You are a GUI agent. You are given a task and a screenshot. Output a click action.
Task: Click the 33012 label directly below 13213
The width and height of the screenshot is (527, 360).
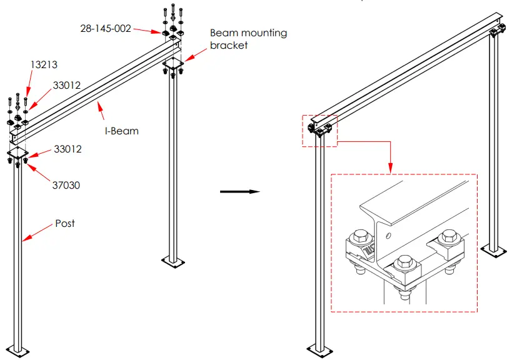[x=67, y=86]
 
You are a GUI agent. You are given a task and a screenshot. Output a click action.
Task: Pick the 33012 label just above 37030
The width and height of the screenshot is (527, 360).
[x=67, y=149]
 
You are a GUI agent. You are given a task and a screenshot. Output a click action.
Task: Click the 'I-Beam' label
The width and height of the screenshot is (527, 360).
[x=122, y=131]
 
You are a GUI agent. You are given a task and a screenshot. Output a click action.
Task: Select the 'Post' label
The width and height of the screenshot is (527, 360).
[x=65, y=223]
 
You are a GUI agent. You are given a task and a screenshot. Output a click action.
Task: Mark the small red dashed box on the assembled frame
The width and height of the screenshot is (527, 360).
[x=319, y=131]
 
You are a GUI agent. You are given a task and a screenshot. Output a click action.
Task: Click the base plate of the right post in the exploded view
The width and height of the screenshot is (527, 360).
[x=173, y=260]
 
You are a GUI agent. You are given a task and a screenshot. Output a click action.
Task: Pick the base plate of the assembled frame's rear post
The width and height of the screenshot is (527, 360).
[x=494, y=251]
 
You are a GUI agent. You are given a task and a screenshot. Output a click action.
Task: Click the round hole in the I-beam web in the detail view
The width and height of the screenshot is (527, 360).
[x=388, y=236]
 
